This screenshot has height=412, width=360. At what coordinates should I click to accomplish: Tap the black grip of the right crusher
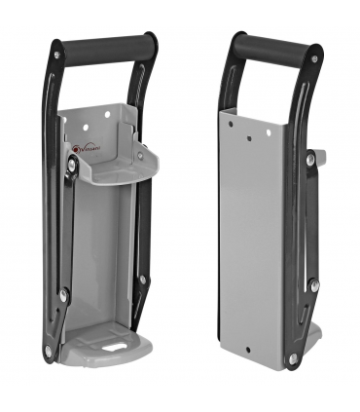click(x=278, y=48)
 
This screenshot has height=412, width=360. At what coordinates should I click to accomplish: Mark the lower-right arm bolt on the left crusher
click(x=143, y=280)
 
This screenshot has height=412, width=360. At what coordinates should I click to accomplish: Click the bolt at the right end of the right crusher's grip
click(x=313, y=58)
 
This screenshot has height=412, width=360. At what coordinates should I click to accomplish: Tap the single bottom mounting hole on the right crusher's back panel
click(x=249, y=349)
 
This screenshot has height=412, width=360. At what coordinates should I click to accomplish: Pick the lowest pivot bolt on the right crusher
click(x=293, y=358)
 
